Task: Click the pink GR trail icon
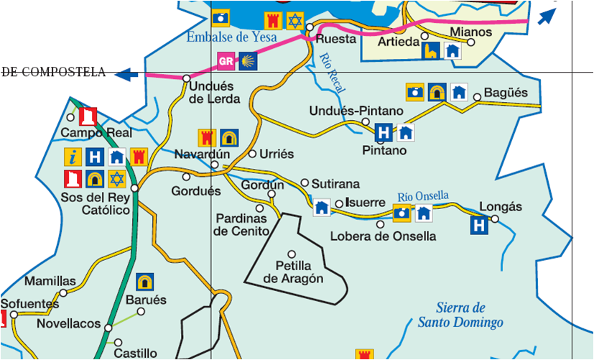coord(226,61)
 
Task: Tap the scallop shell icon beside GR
coord(248,61)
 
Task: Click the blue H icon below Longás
coord(480,226)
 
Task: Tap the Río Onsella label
coord(423,196)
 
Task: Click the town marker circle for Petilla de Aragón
coord(292,254)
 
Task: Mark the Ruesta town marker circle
coord(310,27)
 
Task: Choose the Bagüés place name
coord(506,93)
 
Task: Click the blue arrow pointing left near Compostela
coord(127,73)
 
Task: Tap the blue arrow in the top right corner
coord(547,14)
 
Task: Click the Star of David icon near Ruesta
coord(294,20)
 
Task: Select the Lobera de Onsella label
coord(383,236)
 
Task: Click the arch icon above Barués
coord(146,281)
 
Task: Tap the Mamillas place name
coord(50,281)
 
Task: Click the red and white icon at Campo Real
coord(88,116)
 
